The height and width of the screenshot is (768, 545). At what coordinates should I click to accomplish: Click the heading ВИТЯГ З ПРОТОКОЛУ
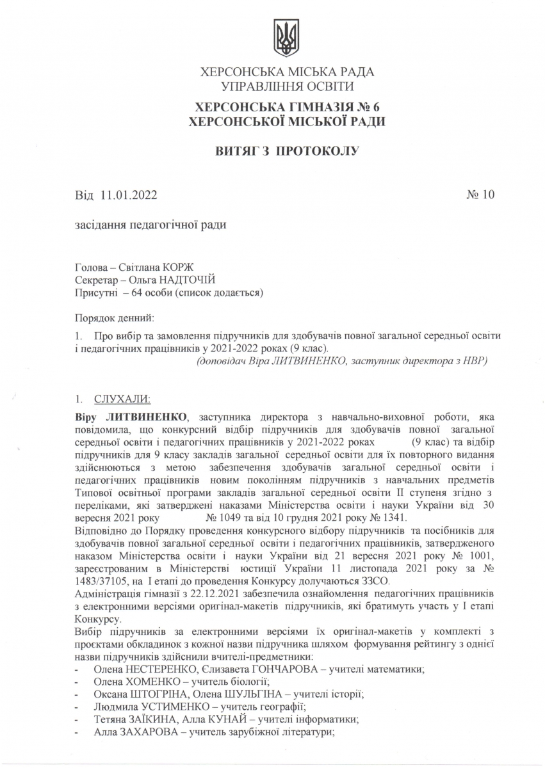pyautogui.click(x=287, y=151)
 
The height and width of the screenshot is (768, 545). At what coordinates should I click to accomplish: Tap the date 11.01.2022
pyautogui.click(x=129, y=195)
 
